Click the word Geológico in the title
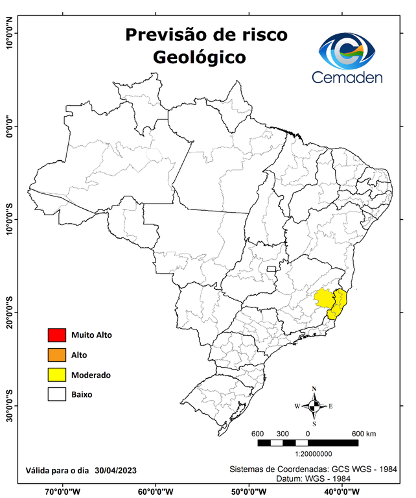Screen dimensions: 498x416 [200, 57]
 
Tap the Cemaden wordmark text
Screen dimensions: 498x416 [347, 78]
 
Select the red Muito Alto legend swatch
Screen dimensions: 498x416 [57, 335]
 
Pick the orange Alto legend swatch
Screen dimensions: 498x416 [57, 355]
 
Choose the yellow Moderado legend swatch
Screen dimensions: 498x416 [57, 375]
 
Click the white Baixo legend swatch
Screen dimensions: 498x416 [57, 394]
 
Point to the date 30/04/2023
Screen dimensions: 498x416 [115, 470]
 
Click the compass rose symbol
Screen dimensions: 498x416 [314, 407]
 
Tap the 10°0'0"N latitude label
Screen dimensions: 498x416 [10, 32]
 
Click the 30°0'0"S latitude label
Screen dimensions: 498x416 [10, 405]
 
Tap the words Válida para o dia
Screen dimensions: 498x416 [57, 470]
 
